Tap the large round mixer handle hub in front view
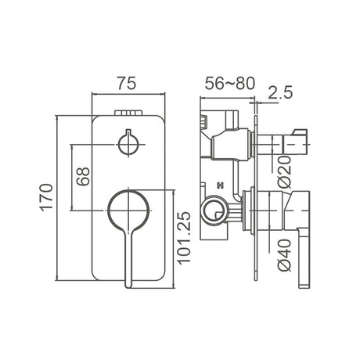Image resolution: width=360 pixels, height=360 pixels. point(128,211)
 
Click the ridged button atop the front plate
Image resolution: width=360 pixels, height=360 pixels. point(129,113)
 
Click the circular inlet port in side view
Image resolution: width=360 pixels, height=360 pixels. point(213,209)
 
